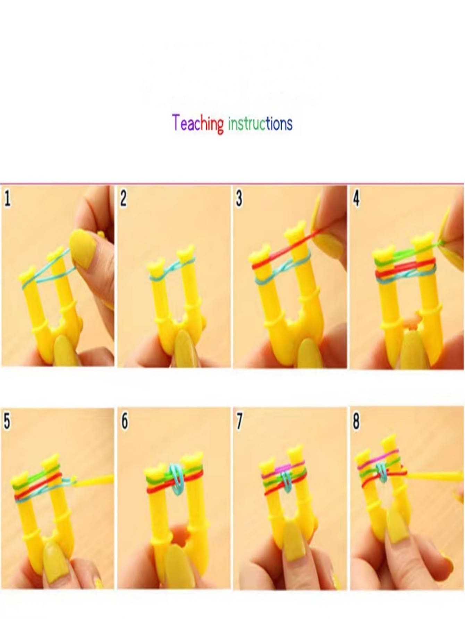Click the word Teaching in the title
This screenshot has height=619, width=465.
(198, 123)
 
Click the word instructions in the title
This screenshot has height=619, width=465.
(260, 123)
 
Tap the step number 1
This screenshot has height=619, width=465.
(7, 199)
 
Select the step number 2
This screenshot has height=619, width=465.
(123, 199)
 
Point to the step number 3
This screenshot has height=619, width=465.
(239, 199)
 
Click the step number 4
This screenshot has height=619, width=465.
(356, 199)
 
